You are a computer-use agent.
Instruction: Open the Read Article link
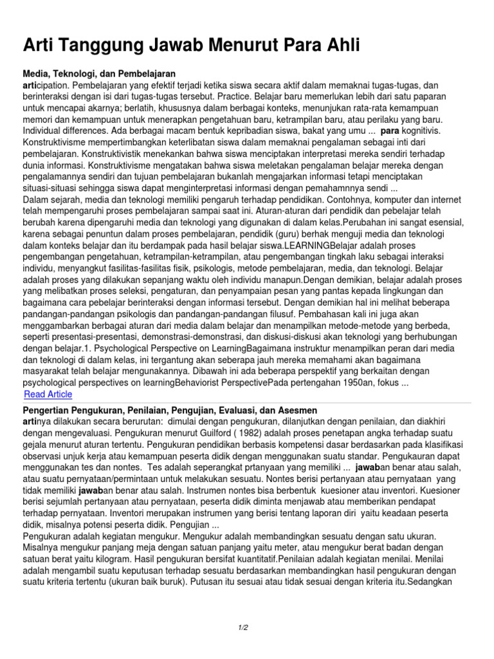tap(48, 394)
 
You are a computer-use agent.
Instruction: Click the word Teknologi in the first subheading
tap(84, 74)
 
